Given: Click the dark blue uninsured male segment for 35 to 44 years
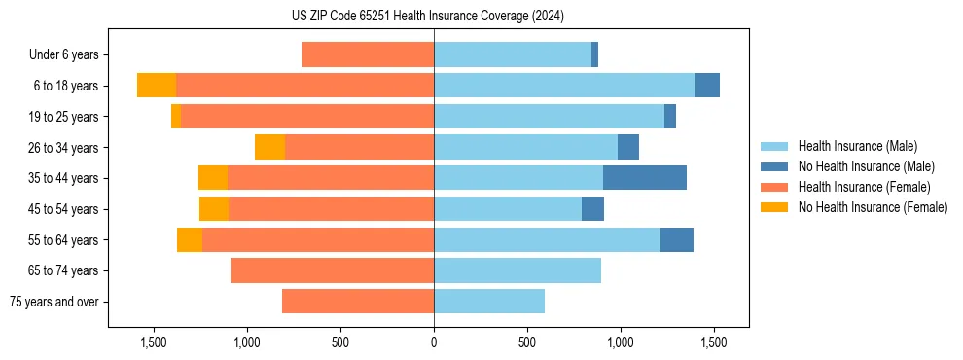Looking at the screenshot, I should pyautogui.click(x=645, y=178).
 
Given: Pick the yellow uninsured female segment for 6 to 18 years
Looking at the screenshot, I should pyautogui.click(x=157, y=86).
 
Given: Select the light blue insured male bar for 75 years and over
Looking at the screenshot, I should pyautogui.click(x=489, y=302).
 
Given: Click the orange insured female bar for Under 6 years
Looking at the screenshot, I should pyautogui.click(x=368, y=54).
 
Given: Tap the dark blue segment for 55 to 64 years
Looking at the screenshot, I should pyautogui.click(x=677, y=239).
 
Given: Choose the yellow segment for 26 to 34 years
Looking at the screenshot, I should pyautogui.click(x=269, y=147).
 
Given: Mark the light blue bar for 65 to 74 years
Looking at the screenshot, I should pyautogui.click(x=517, y=270).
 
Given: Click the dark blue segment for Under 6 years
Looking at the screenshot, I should pyautogui.click(x=594, y=54).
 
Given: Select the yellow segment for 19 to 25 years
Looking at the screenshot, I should pyautogui.click(x=176, y=117).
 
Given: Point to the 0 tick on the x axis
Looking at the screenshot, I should pyautogui.click(x=434, y=342).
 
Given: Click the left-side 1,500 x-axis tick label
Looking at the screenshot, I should pyautogui.click(x=154, y=342).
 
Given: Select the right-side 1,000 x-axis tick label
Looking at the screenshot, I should pyautogui.click(x=621, y=342).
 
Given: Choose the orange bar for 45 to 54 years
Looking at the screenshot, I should pyautogui.click(x=331, y=209).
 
